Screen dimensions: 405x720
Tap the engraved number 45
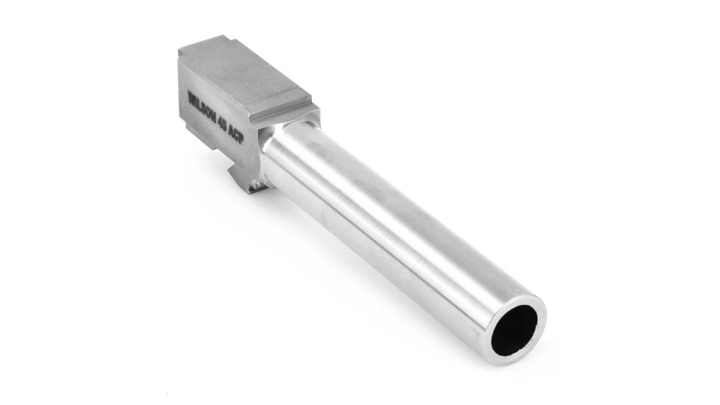tap(222, 123)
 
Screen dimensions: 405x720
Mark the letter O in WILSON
tap(208, 113)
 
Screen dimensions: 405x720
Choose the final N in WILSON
tap(213, 117)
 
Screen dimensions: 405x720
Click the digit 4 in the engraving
tap(219, 121)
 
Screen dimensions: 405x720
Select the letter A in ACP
tap(231, 130)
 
